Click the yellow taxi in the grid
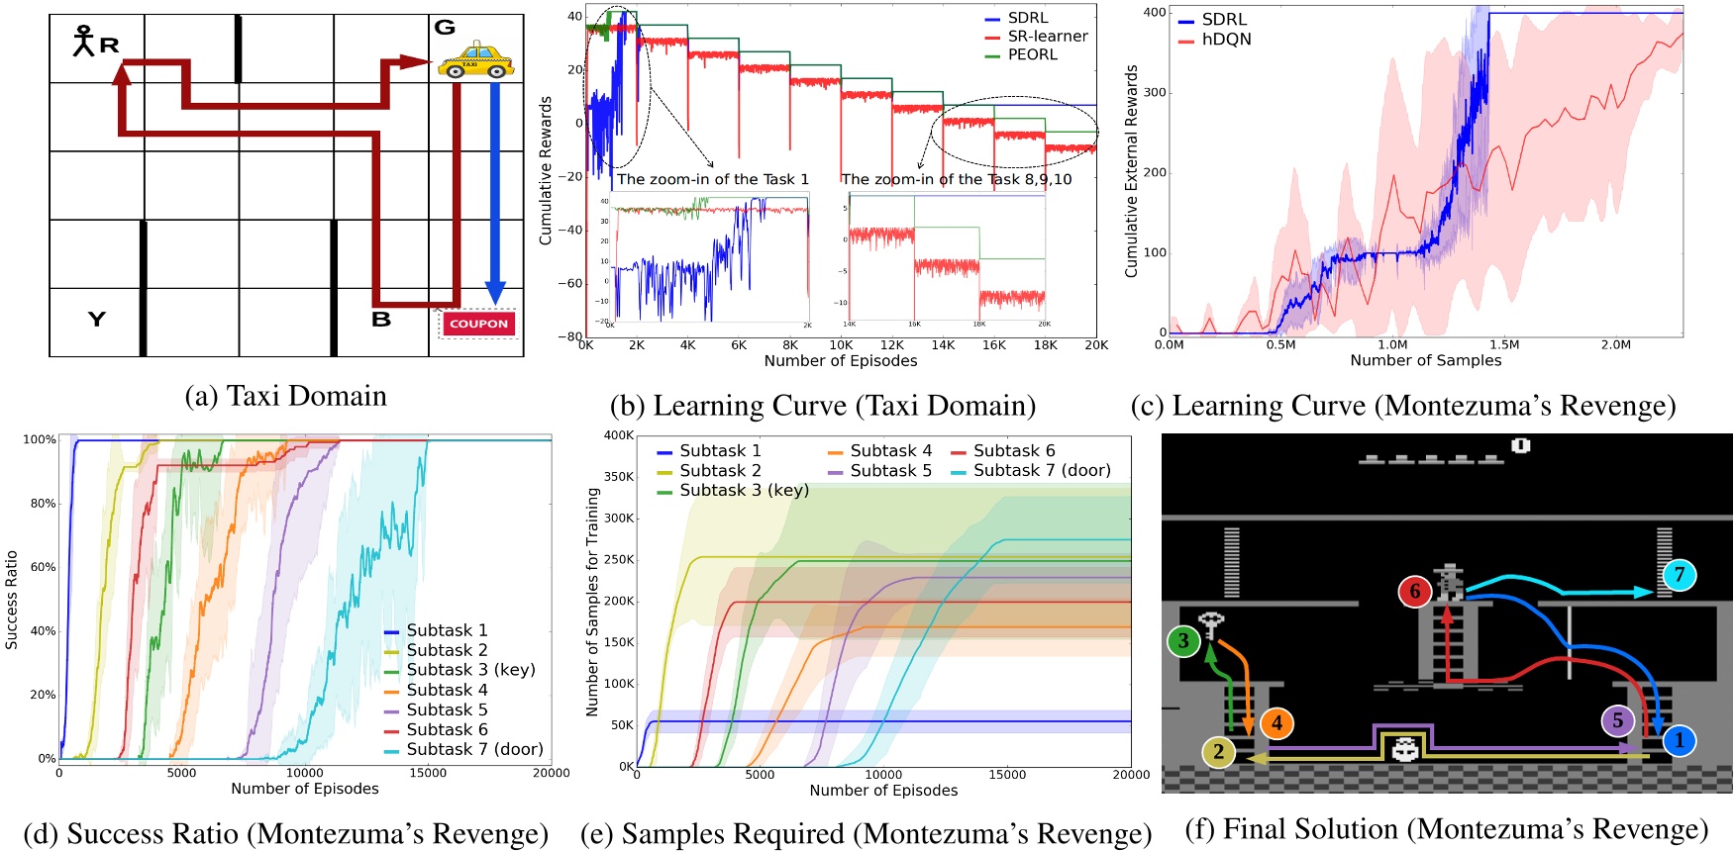(475, 61)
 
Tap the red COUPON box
(478, 324)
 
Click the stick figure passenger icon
(84, 41)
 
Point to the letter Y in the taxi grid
(96, 319)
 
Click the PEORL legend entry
(1032, 54)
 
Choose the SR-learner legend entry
(1047, 37)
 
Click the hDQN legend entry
(1226, 40)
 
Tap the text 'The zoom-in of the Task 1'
(713, 179)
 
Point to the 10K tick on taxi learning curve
(841, 345)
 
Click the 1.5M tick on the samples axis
(1504, 344)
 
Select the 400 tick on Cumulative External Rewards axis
(1155, 13)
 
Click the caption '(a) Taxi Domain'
(286, 396)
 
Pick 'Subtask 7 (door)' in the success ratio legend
(474, 749)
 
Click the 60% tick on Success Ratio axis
(43, 567)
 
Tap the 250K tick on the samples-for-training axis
(619, 560)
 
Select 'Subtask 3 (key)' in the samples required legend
(744, 490)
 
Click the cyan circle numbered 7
(1679, 575)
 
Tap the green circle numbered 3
(1183, 641)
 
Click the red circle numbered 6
(1415, 592)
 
